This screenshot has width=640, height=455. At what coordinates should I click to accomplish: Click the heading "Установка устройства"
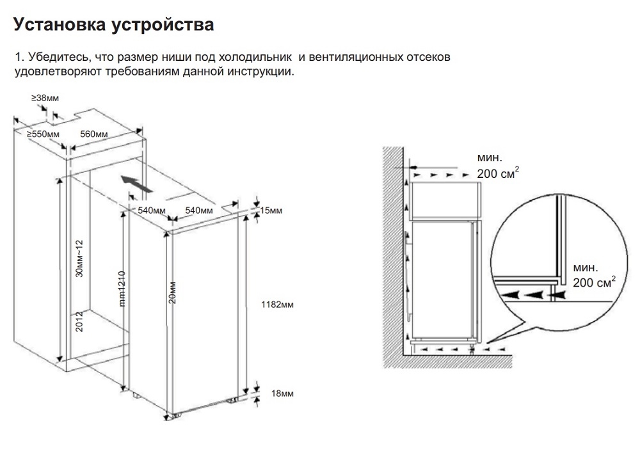click(x=113, y=26)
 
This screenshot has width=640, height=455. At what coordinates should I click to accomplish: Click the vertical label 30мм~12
click(x=79, y=259)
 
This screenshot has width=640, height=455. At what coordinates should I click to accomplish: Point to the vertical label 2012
click(x=79, y=321)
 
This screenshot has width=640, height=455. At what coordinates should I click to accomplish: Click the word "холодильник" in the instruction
click(x=254, y=58)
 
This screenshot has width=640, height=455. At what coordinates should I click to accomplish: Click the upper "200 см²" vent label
click(x=497, y=174)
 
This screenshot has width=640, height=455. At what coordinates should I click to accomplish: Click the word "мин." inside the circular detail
click(x=586, y=267)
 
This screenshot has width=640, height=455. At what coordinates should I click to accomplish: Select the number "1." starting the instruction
click(x=19, y=58)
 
